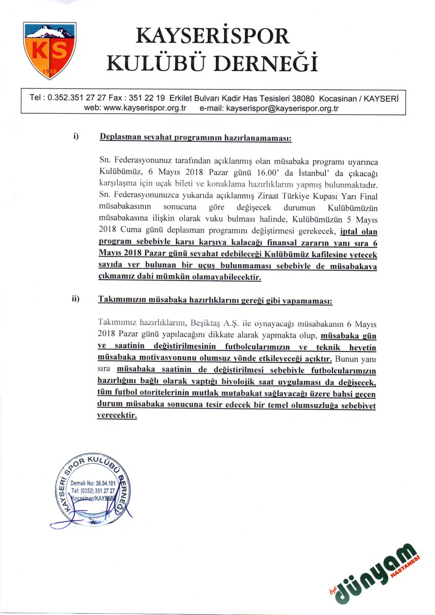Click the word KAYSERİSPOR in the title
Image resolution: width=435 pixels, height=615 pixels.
[213, 37]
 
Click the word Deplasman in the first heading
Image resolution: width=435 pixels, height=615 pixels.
[120, 138]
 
